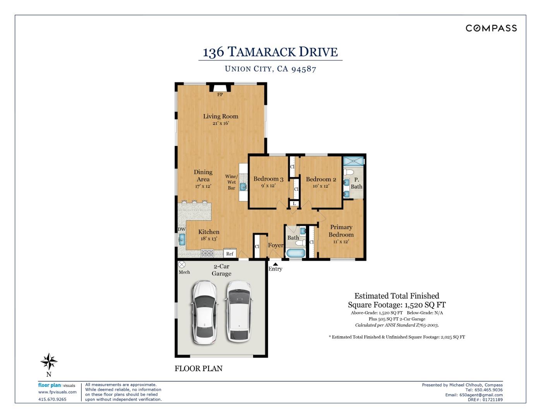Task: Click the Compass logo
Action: point(491,28)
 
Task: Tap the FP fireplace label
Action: point(220,94)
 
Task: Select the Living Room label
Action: point(221,116)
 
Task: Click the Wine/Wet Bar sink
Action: point(243,187)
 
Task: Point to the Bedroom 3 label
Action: point(268,179)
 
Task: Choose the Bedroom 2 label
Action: point(321,179)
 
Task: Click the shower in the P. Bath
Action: point(354,161)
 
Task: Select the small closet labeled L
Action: point(294,204)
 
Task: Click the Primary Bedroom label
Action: point(341,231)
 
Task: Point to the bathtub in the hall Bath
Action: point(296,254)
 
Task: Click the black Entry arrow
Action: point(275,264)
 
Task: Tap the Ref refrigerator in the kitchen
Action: point(230,254)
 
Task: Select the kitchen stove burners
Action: point(207,254)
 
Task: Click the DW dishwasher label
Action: point(181,229)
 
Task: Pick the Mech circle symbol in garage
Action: point(181,265)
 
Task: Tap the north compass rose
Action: point(49,361)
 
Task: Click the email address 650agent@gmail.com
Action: point(481,395)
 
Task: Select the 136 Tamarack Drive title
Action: point(270,52)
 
